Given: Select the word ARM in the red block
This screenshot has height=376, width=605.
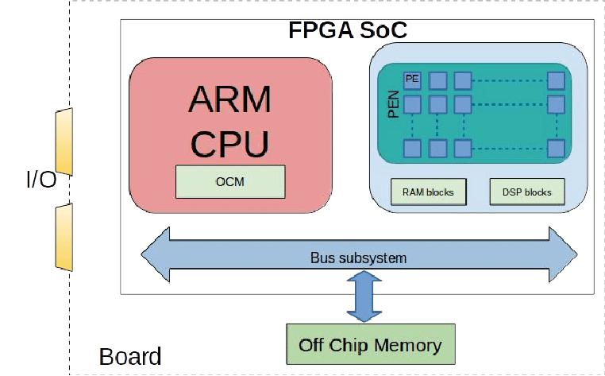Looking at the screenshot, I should point(230,99).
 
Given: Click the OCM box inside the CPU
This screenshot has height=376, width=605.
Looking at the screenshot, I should point(229,182).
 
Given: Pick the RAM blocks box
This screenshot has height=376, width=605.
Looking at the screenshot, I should point(428,192).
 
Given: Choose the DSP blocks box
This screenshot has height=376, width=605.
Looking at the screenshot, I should point(526,192).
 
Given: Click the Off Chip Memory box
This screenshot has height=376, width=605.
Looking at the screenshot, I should point(370,345).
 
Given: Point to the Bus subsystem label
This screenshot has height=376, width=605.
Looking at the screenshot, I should point(358,258).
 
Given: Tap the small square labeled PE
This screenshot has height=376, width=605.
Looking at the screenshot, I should point(412,79).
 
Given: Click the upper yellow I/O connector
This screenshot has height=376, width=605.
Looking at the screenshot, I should point(64,141).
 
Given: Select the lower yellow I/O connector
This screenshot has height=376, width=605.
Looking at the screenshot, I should point(64,236).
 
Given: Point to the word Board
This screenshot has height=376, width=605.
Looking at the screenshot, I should point(130,357).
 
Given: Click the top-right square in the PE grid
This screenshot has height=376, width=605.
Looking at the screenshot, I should point(557,80).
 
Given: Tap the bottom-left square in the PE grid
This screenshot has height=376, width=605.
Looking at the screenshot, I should point(412,148).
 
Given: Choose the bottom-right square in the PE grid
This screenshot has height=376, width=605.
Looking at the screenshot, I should point(557,148).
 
